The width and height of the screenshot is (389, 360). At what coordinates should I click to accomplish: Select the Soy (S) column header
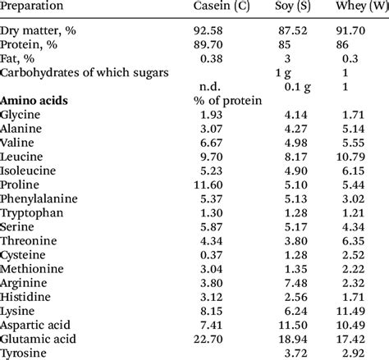(296, 8)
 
